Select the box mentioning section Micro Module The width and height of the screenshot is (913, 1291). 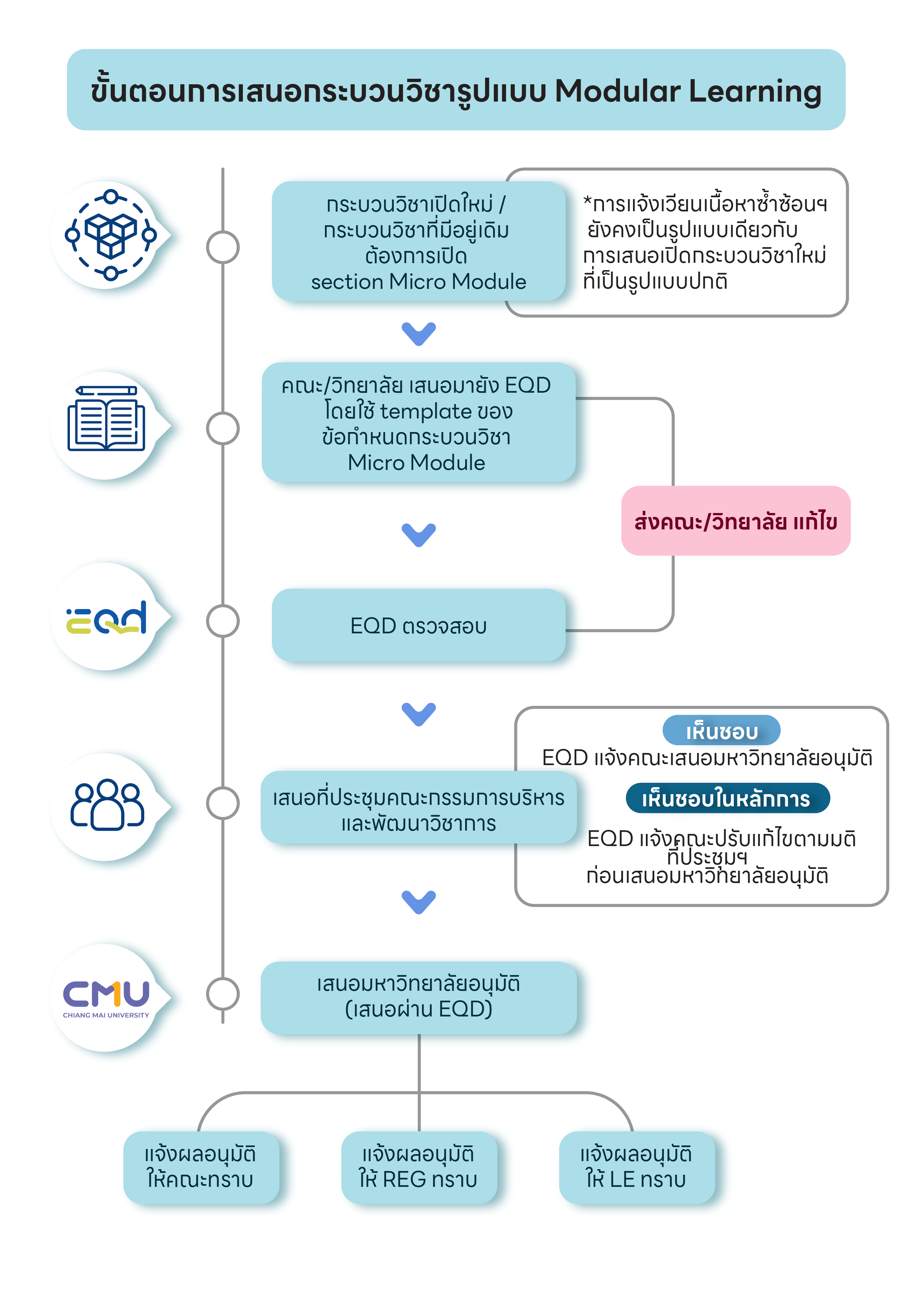(x=418, y=241)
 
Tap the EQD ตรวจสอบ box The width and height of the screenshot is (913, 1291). (x=418, y=625)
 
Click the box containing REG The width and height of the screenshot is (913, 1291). (x=419, y=1167)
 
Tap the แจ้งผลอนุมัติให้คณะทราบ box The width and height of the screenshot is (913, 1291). (x=201, y=1167)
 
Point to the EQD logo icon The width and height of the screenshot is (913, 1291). (x=106, y=618)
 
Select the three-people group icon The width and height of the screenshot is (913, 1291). (x=107, y=804)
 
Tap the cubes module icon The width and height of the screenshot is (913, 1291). (x=111, y=235)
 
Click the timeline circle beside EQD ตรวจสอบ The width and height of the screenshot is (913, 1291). (x=223, y=621)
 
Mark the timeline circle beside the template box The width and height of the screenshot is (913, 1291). (x=223, y=428)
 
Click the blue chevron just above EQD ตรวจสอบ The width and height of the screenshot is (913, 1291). (x=419, y=535)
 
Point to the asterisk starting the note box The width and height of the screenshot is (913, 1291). (x=587, y=201)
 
